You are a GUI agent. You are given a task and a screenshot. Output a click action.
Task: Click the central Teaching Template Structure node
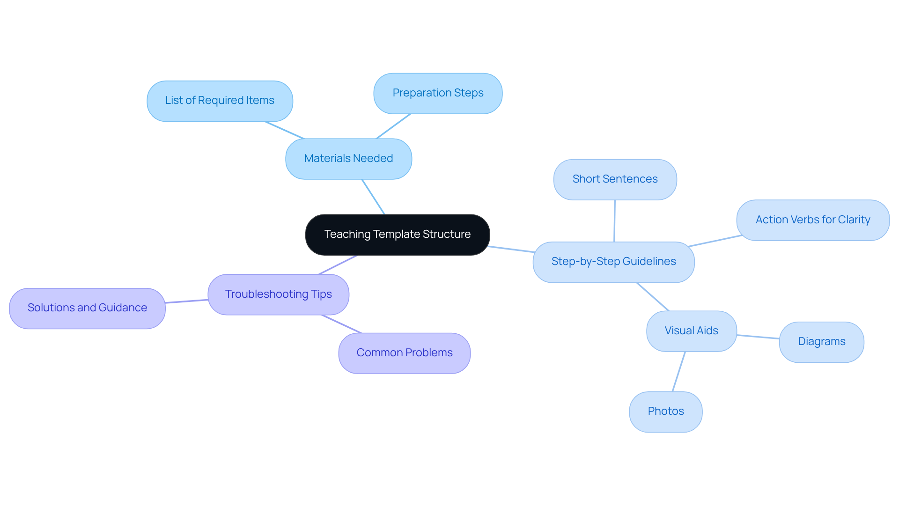397,235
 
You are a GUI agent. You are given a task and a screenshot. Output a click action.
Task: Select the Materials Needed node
348,159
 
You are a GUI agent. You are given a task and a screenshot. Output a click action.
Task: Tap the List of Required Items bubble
220,101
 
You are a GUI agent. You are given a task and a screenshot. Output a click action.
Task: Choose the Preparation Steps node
438,93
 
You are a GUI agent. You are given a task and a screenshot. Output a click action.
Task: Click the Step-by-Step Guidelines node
613,262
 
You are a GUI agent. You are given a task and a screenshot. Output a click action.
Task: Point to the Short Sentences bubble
615,179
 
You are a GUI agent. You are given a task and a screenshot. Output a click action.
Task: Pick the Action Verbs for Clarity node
812,220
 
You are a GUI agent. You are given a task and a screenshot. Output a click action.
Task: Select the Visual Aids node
691,331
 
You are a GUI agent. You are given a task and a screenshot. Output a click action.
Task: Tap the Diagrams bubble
821,342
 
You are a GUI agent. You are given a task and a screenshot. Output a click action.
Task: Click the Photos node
665,411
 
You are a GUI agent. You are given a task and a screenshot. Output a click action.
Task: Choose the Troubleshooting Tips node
278,294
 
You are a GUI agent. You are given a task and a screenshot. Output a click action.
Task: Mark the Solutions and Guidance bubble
87,308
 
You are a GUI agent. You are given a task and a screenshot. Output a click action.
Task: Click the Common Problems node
404,353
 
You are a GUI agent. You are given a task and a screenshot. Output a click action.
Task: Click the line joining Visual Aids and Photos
679,372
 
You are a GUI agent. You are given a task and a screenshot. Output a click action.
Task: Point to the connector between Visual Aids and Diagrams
758,337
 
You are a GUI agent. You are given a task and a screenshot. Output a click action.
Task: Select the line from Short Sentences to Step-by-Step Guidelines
614,221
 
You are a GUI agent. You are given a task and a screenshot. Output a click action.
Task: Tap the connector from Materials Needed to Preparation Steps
393,126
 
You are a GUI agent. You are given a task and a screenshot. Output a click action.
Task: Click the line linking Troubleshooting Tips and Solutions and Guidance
186,301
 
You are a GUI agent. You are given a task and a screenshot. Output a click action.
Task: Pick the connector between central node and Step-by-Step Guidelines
511,249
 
